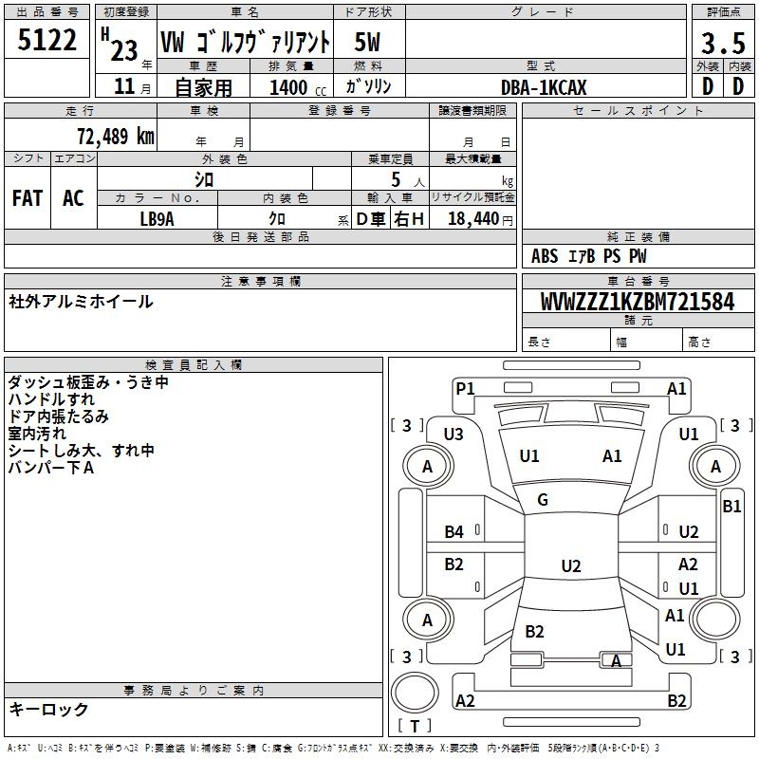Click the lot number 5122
click(x=47, y=41)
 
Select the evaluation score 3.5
click(x=722, y=44)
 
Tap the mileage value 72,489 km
click(x=115, y=136)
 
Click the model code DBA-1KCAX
click(x=544, y=87)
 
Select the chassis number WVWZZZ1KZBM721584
click(x=638, y=302)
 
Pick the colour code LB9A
click(x=157, y=218)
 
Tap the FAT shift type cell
click(x=28, y=198)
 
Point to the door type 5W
click(x=367, y=43)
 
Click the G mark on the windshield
click(x=543, y=500)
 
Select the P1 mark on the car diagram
click(x=465, y=388)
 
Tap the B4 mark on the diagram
click(x=454, y=531)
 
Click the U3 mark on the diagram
click(x=454, y=435)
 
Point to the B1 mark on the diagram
click(x=731, y=507)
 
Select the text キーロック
click(x=48, y=709)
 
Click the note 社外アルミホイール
click(x=81, y=302)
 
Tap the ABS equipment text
click(x=545, y=256)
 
